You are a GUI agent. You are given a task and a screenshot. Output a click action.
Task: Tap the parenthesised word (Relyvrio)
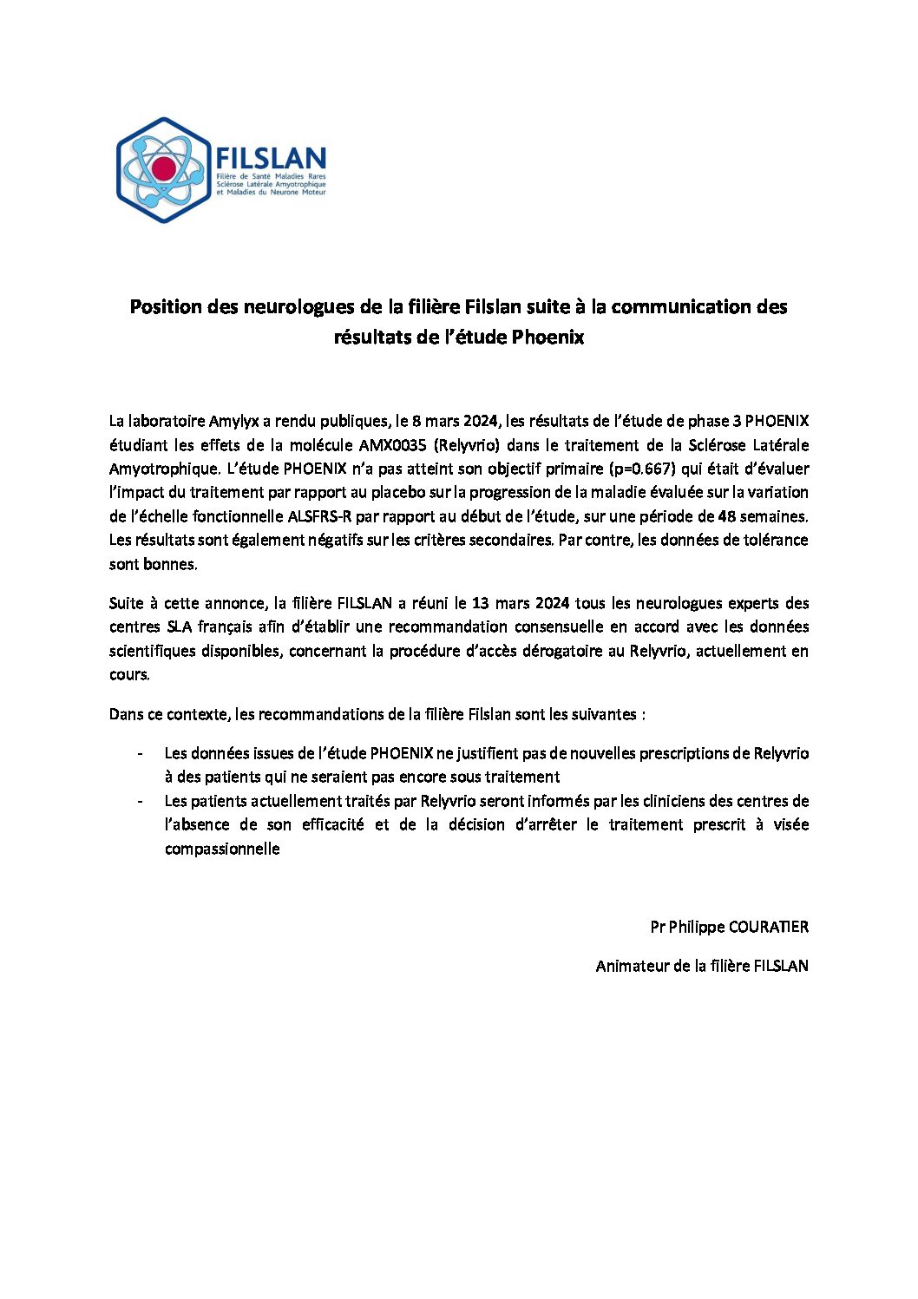(x=469, y=445)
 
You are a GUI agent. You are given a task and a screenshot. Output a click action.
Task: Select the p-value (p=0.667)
(x=642, y=469)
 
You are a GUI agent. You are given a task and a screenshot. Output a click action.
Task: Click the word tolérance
(x=772, y=540)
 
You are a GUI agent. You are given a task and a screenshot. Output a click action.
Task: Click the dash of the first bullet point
(x=140, y=753)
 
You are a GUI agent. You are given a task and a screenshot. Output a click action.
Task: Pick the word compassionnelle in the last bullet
(x=222, y=849)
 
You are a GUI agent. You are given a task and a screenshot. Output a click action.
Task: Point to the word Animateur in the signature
(x=632, y=966)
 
